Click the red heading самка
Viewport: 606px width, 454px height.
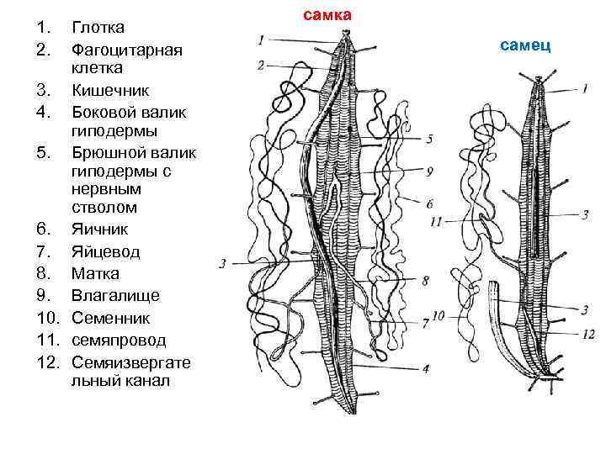tap(327, 15)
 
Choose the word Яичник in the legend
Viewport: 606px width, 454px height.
tap(98, 230)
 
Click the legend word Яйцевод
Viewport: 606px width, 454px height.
tap(105, 251)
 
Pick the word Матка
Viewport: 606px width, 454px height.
tap(95, 274)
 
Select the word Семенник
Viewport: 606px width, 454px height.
tap(110, 319)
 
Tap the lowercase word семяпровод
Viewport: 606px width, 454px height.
tap(119, 340)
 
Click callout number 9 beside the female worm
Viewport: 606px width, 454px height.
tap(429, 171)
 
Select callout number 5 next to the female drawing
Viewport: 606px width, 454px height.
tap(429, 139)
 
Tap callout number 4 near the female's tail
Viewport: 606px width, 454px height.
tap(426, 367)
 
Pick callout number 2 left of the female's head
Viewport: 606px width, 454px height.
tap(261, 65)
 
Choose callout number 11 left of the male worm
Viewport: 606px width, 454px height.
tap(435, 222)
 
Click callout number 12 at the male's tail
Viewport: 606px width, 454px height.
tap(588, 335)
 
